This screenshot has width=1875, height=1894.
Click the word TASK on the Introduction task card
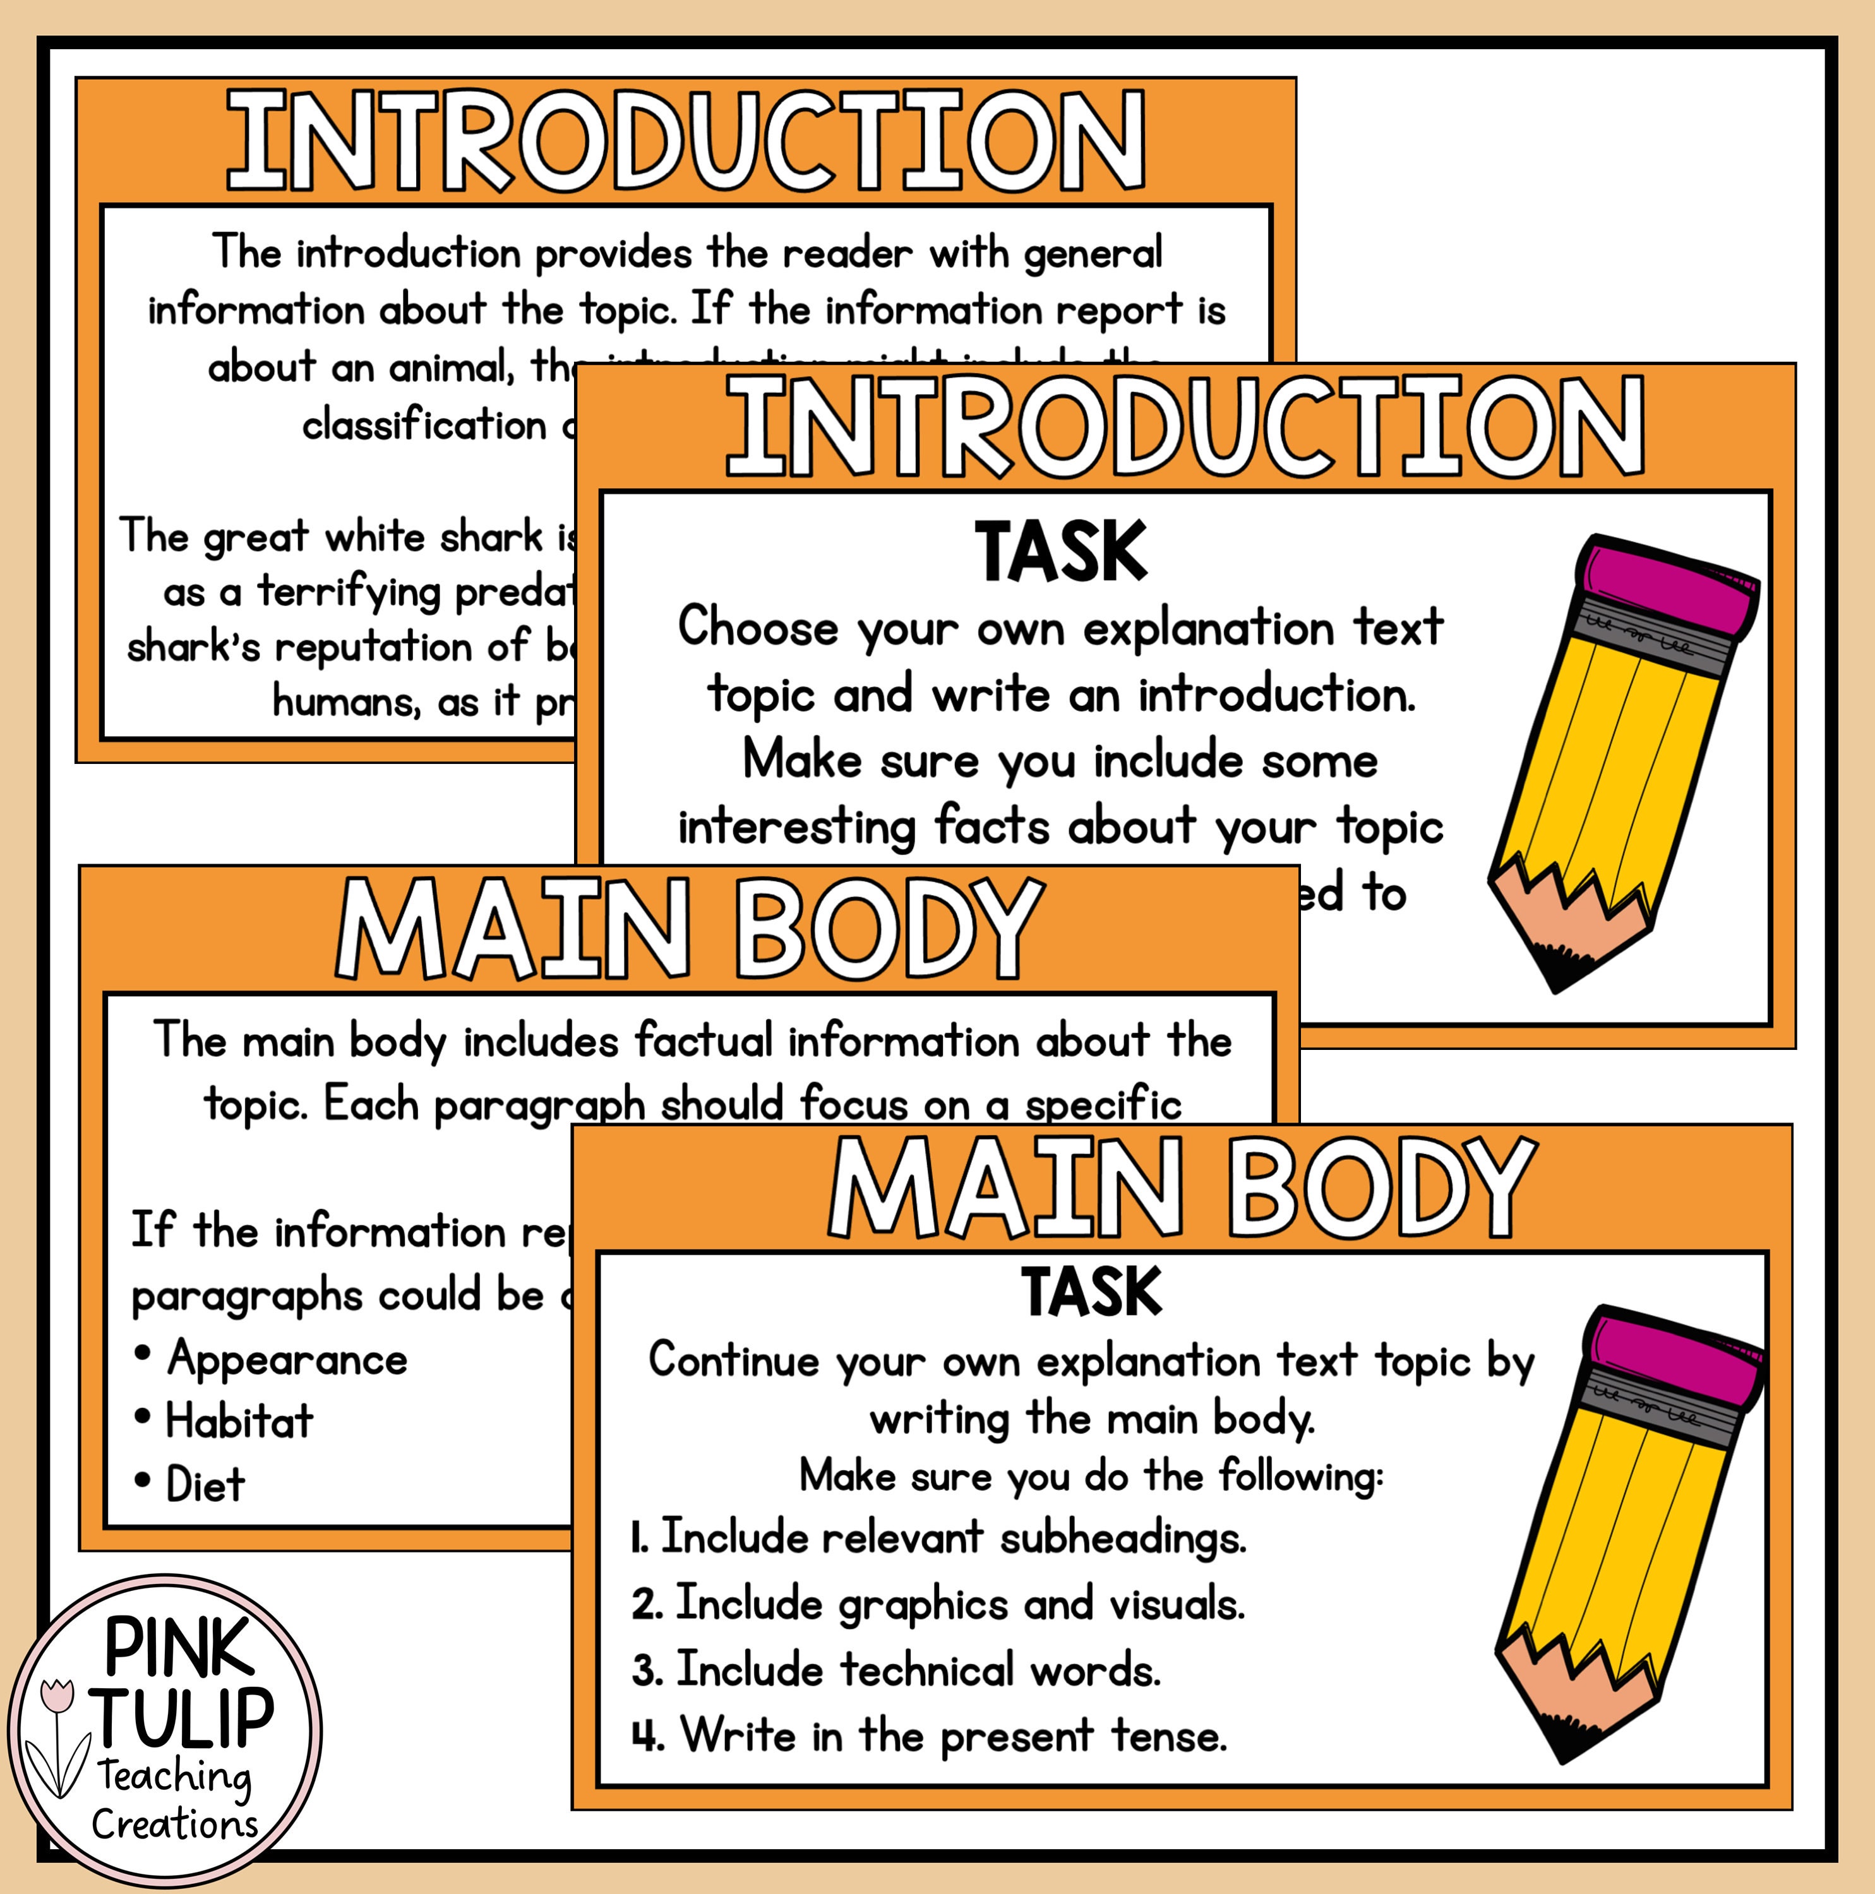tap(1060, 552)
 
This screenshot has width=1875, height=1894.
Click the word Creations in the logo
tap(174, 1825)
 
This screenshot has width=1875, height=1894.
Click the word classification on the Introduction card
tap(424, 426)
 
